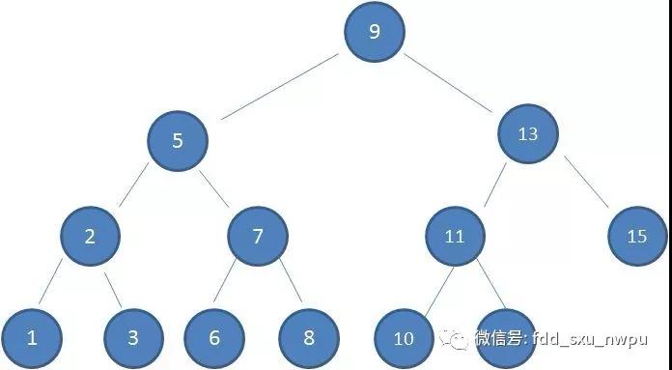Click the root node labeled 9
tap(374, 31)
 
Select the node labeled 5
tap(178, 141)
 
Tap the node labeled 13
tap(528, 134)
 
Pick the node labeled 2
tap(90, 235)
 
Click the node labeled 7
tap(258, 235)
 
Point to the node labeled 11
tap(455, 235)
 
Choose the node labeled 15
tap(637, 235)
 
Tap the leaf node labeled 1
tap(32, 337)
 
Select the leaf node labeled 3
tap(133, 337)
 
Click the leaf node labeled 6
tap(213, 337)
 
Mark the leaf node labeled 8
tap(308, 337)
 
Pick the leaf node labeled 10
tap(404, 338)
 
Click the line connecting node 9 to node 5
tap(280, 87)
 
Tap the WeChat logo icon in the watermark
tap(455, 339)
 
